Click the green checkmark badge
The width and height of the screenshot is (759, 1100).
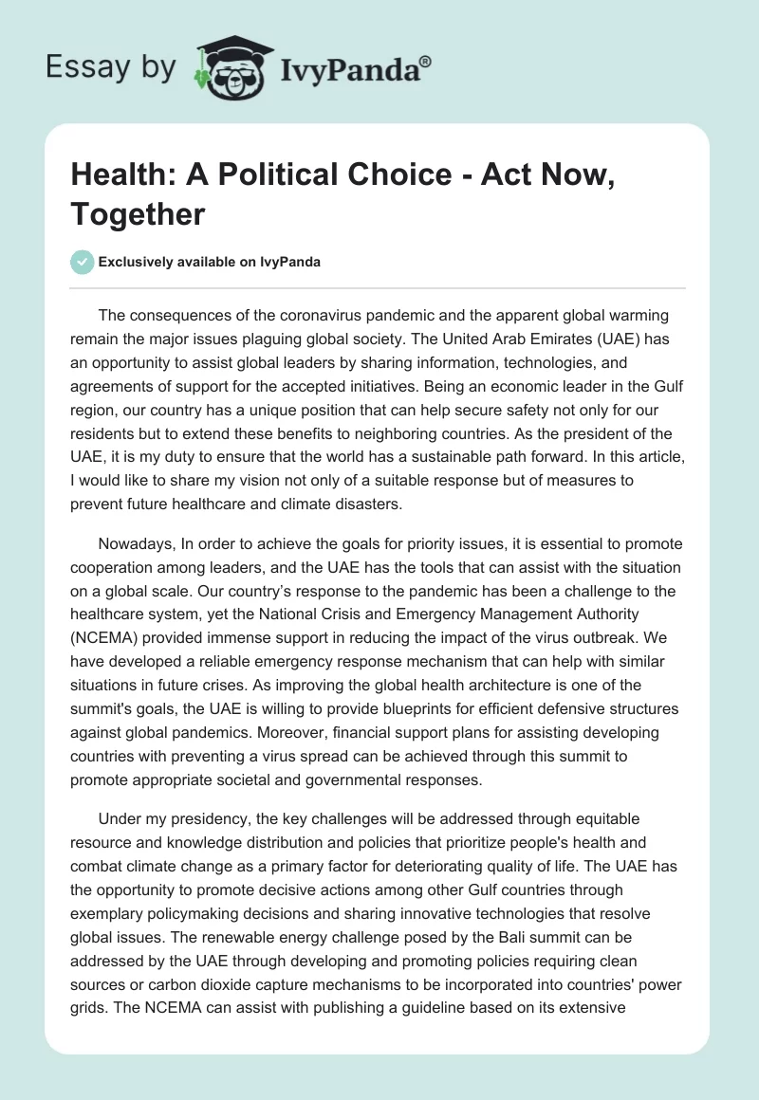(83, 262)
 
